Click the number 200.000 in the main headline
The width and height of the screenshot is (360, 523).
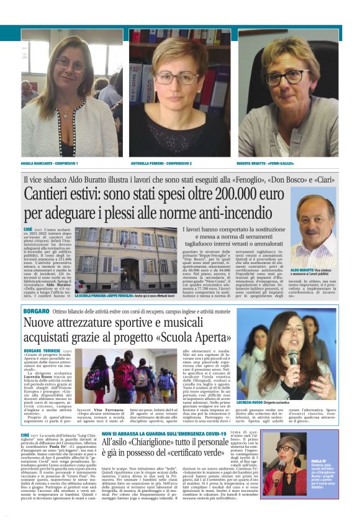(x=243, y=193)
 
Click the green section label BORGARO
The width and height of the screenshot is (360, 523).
(x=36, y=310)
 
